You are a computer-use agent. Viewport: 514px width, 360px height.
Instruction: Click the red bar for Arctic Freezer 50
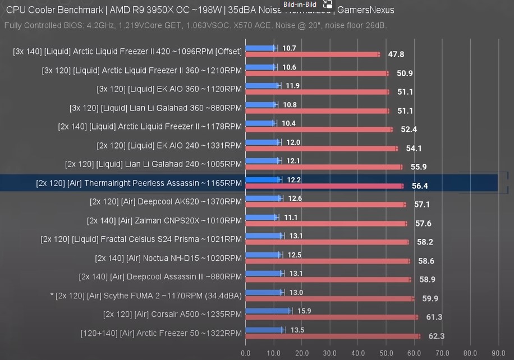coord(332,336)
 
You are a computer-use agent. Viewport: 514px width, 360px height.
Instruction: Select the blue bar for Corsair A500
coord(268,311)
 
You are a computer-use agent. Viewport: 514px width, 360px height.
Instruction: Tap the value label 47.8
coord(396,54)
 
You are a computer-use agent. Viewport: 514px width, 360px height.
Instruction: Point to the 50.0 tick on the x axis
coord(386,353)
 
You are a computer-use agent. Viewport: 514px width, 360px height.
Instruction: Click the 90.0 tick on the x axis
coord(498,353)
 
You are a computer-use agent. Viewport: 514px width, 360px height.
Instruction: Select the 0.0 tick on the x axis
coord(246,353)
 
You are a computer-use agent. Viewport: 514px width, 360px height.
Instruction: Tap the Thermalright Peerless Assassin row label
coord(139,183)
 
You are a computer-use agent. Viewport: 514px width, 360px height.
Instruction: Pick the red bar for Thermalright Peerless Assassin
coord(324,186)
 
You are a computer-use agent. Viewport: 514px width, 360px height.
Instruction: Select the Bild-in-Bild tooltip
coord(300,4)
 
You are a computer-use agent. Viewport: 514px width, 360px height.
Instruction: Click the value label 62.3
coord(436,336)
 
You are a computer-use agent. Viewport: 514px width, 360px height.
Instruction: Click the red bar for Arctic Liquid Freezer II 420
coord(312,54)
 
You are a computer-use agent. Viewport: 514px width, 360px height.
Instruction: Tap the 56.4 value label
coord(420,186)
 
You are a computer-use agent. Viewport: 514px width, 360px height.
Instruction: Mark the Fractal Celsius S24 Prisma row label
coord(141,239)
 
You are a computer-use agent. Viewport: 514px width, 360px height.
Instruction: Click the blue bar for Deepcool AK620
coord(264,198)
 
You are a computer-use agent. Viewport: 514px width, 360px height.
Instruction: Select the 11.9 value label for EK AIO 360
coord(292,86)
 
